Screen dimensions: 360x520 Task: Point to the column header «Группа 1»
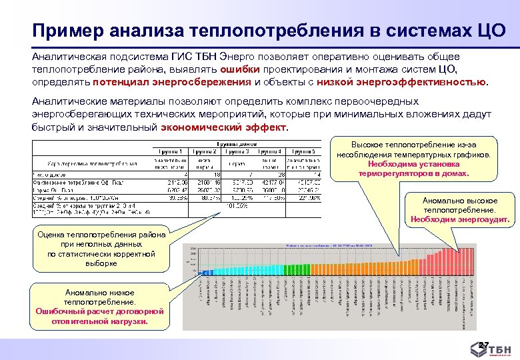(169, 151)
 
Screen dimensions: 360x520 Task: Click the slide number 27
(485, 345)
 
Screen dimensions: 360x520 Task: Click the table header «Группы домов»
(238, 143)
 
